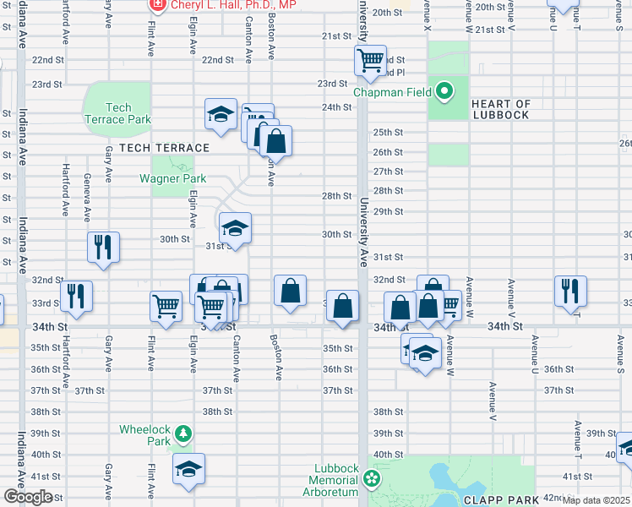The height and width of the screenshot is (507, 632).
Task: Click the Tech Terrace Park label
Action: (x=117, y=113)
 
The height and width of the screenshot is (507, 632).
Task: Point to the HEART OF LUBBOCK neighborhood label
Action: (x=501, y=109)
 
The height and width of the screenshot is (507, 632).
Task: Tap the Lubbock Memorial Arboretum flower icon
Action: (x=372, y=480)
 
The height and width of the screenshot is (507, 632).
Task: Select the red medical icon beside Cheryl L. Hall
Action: (x=157, y=5)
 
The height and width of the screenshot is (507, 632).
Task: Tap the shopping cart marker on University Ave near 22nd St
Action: (x=370, y=62)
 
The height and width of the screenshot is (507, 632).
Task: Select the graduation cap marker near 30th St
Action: (x=235, y=228)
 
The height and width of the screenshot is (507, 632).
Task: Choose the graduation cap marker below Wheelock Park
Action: (x=188, y=469)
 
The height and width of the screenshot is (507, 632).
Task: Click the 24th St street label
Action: (x=335, y=107)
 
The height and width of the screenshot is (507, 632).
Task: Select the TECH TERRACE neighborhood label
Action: (x=152, y=148)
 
